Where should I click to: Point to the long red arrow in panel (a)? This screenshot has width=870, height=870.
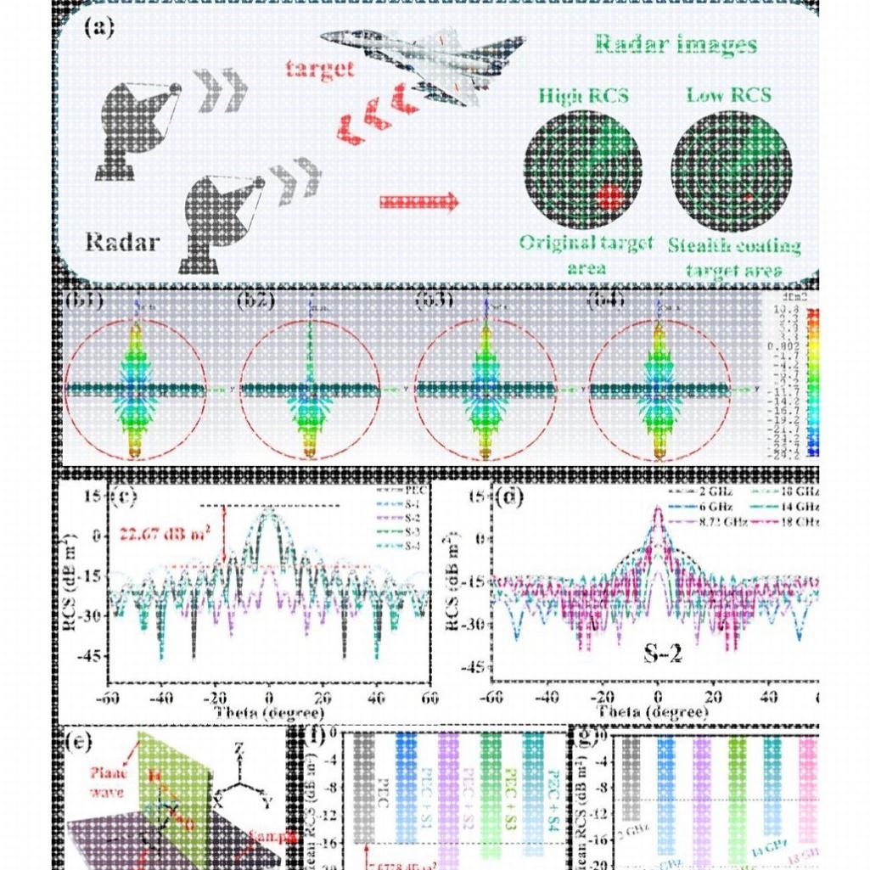pyautogui.click(x=418, y=202)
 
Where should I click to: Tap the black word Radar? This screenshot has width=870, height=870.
pyautogui.click(x=121, y=243)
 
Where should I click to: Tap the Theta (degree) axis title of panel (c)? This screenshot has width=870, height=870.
pyautogui.click(x=267, y=712)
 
